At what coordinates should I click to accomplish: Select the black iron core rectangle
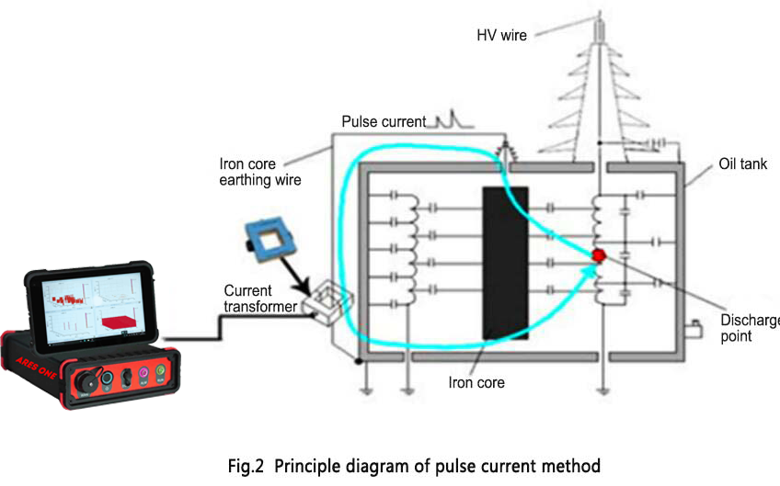pos(505,262)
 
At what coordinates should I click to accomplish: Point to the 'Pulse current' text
pos(384,121)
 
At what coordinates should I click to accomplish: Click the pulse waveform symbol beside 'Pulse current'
pos(447,119)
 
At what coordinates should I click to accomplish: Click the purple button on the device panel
pos(143,376)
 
